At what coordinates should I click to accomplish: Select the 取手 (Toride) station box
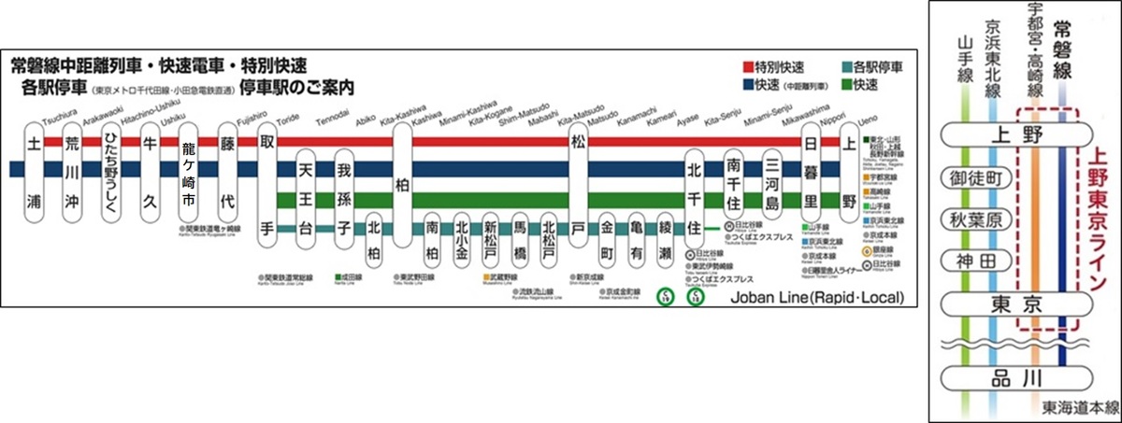coord(266,186)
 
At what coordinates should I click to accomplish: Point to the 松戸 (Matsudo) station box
coord(577,186)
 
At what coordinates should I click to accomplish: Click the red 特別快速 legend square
coord(749,67)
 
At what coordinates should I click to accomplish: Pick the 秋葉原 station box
coord(974,219)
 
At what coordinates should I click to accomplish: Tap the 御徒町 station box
coord(974,178)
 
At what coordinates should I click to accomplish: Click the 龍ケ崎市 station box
coord(188,172)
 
